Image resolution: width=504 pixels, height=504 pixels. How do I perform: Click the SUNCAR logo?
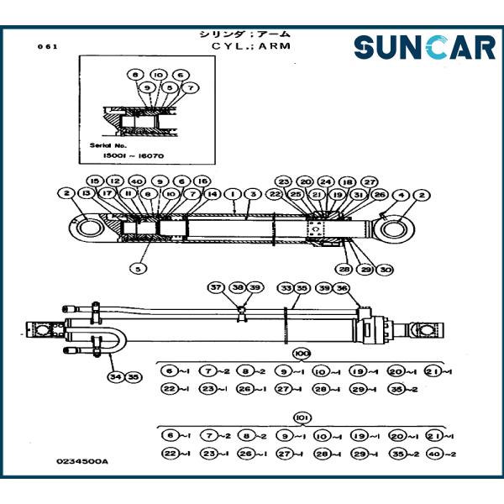point(424,47)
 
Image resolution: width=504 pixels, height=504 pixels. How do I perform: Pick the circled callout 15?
point(95,181)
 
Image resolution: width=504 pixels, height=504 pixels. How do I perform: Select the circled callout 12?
point(115,181)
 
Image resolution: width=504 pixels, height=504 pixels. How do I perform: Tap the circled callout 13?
point(86,194)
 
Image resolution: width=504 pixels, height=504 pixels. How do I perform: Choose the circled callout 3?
point(250,194)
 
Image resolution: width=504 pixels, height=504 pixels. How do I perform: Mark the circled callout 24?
point(326,181)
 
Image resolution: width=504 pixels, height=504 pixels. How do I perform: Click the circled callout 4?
point(402,194)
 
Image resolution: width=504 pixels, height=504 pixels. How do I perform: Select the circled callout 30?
point(386,270)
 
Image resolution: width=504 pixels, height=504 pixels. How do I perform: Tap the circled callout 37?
point(216,288)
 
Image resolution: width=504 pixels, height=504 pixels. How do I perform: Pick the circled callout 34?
point(113,376)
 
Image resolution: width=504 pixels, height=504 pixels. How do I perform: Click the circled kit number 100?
point(302,354)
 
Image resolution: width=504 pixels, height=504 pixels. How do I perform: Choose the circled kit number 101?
point(302,417)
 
